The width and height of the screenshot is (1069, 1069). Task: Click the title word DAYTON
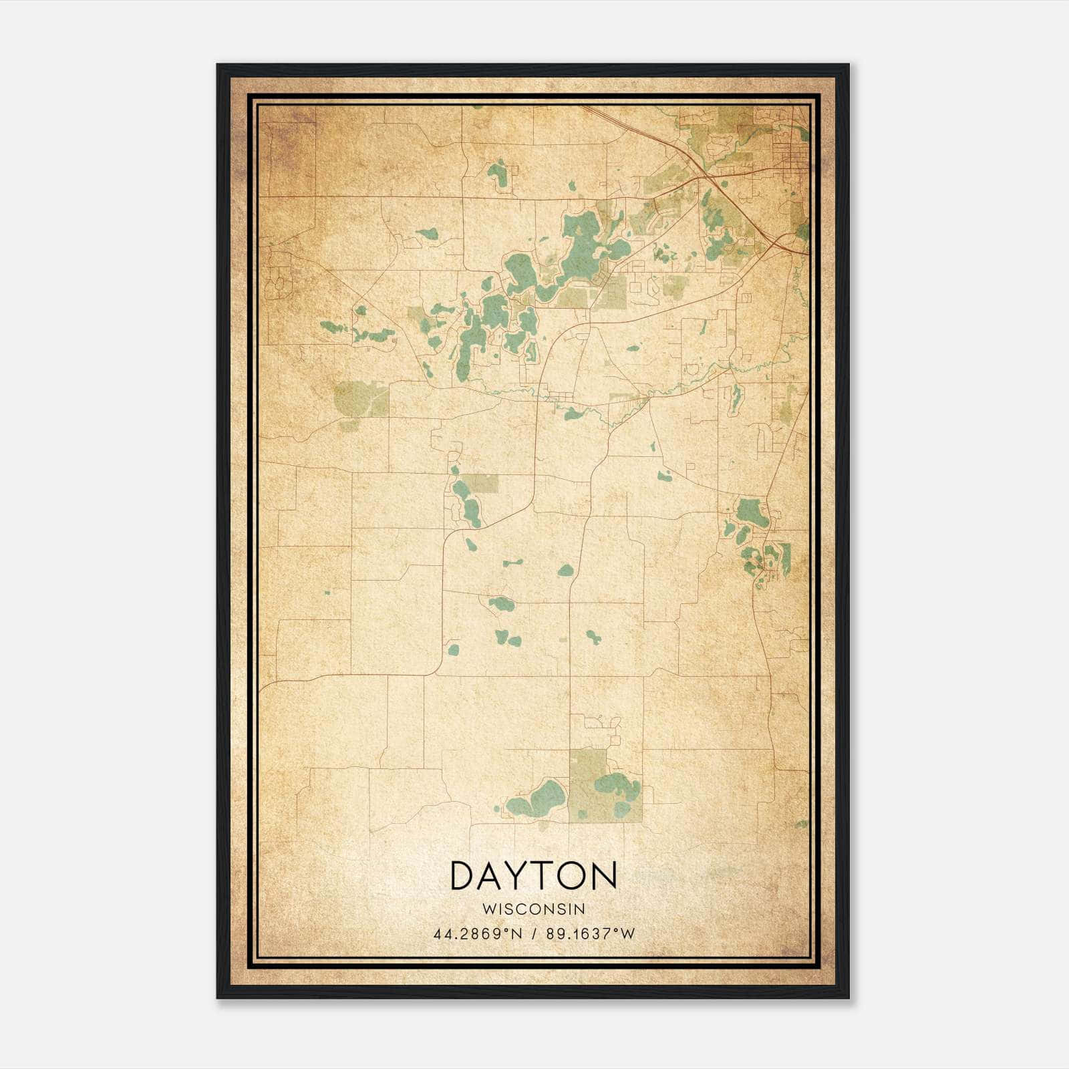(x=533, y=875)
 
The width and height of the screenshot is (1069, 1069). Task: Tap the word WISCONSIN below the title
(x=533, y=909)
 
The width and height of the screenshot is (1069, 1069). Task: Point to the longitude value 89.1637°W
(x=590, y=934)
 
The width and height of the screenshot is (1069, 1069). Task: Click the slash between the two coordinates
(x=533, y=934)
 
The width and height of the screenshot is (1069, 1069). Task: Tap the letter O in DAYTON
(x=572, y=875)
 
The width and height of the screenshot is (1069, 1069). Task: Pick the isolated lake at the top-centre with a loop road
(x=498, y=174)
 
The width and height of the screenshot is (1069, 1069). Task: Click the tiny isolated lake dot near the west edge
(x=327, y=592)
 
